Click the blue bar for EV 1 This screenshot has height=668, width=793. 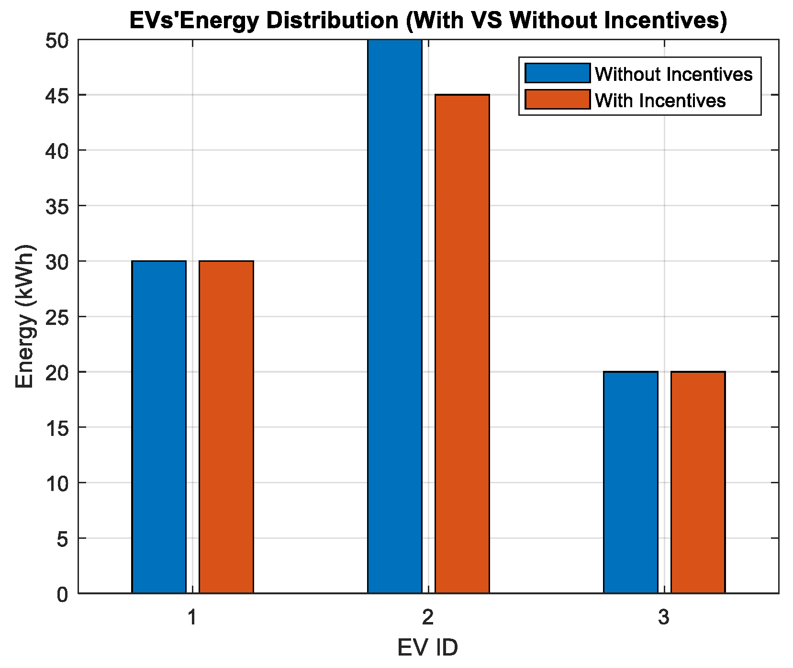[159, 427]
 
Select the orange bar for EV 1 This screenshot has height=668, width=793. [226, 427]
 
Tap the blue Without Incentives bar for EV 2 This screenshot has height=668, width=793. [395, 316]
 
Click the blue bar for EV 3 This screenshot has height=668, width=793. [631, 482]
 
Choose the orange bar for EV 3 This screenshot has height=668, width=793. [698, 482]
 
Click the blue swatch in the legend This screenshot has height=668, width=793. [558, 73]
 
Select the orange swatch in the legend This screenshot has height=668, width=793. [558, 100]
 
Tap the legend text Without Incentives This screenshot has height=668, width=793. [673, 74]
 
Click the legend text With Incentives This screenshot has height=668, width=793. [660, 100]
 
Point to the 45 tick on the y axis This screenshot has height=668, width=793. [57, 95]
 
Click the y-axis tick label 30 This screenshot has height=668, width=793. [57, 262]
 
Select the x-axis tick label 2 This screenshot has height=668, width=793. [428, 618]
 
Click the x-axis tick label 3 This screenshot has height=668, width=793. [663, 618]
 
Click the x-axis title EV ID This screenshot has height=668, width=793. [428, 648]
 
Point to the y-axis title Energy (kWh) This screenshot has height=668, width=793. [25, 316]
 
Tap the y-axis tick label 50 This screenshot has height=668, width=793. [57, 40]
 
